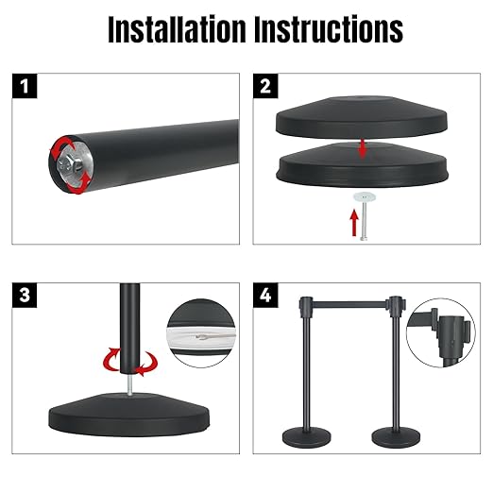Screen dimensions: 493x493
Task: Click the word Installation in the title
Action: click(x=177, y=29)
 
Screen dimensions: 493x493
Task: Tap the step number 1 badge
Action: click(x=25, y=86)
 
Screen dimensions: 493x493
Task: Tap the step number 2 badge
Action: click(x=265, y=86)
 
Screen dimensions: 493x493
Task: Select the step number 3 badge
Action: click(x=25, y=296)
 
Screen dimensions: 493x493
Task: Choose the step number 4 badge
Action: click(x=265, y=296)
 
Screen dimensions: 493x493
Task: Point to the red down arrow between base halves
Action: click(x=363, y=149)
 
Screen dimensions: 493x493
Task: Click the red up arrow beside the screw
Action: click(x=354, y=223)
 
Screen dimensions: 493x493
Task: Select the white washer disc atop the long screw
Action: click(x=365, y=197)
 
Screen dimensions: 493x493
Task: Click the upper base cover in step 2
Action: click(x=362, y=117)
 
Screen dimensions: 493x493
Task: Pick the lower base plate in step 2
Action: click(x=362, y=165)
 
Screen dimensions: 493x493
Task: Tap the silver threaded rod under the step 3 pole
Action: click(x=129, y=383)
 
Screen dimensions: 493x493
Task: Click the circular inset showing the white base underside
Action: click(x=201, y=333)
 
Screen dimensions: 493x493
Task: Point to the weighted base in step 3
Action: click(x=129, y=415)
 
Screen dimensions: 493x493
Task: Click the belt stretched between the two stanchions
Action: click(x=349, y=304)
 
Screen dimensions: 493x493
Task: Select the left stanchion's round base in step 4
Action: click(x=307, y=437)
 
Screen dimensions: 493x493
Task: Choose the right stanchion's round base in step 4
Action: click(x=396, y=436)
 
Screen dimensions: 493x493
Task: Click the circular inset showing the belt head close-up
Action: click(x=440, y=332)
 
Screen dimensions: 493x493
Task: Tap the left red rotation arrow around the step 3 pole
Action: click(x=110, y=359)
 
